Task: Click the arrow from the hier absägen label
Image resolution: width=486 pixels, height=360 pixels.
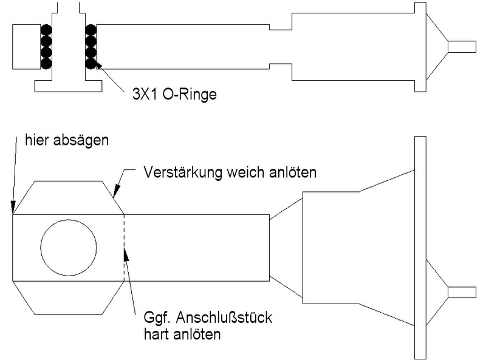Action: coord(13,176)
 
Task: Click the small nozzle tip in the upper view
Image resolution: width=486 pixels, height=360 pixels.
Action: coord(461,46)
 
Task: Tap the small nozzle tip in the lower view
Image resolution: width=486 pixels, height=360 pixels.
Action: coord(461,292)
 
